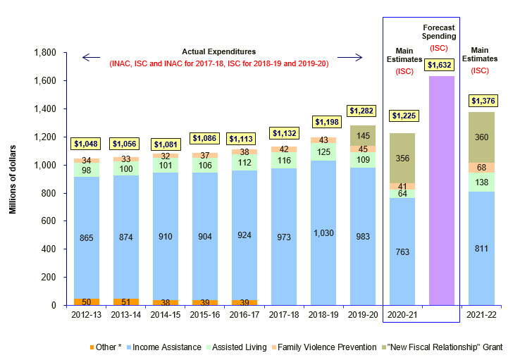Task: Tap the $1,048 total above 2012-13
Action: (x=87, y=144)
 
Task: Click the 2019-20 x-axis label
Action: (x=363, y=315)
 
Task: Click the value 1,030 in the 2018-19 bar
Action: (x=322, y=232)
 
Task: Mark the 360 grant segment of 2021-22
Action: (x=481, y=137)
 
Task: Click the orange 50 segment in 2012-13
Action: (x=87, y=302)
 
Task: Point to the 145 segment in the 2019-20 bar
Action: (x=363, y=135)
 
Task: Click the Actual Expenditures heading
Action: (x=218, y=51)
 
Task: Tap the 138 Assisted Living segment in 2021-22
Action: (x=481, y=182)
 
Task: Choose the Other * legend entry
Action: (x=105, y=347)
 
